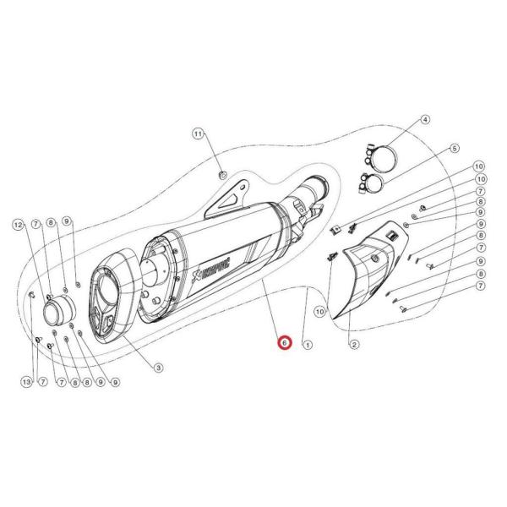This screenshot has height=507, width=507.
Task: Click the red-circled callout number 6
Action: point(285,343)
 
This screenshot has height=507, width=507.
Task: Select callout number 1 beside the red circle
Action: point(308,344)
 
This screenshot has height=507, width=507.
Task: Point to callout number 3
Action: point(158,367)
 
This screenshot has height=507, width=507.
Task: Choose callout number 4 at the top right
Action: point(425,121)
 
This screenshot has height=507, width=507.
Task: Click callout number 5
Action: point(453,149)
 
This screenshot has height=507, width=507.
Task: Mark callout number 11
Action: point(198,134)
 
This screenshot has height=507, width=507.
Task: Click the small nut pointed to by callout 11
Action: point(221,175)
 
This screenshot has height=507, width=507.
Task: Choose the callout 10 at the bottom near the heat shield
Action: point(320,312)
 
